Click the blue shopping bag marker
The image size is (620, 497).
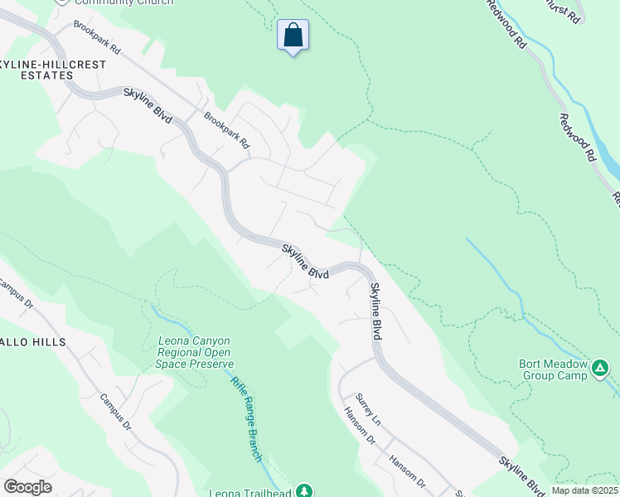click(x=293, y=36)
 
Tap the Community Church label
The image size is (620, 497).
click(x=124, y=2)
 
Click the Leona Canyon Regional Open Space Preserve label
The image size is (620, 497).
click(x=195, y=352)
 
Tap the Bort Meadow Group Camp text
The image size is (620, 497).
click(x=553, y=369)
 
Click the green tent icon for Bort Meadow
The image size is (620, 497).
click(x=601, y=366)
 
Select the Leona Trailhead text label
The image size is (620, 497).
click(x=250, y=491)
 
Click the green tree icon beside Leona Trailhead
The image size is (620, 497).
click(x=304, y=491)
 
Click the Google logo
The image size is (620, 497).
click(x=27, y=487)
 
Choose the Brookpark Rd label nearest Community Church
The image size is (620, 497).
click(x=97, y=37)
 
